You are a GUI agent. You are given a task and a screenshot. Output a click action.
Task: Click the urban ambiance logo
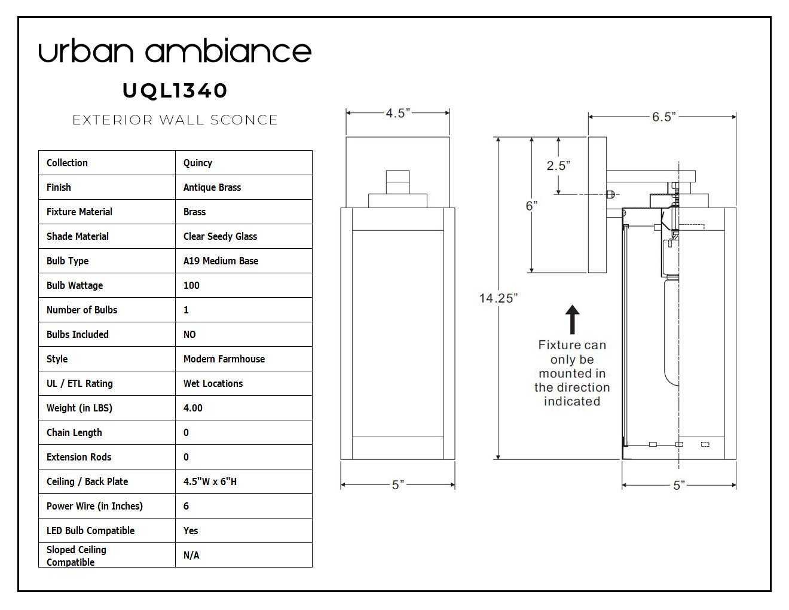175,50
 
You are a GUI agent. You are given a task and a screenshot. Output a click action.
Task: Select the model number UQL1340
175,90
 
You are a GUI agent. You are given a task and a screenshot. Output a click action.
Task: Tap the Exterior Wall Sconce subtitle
175,120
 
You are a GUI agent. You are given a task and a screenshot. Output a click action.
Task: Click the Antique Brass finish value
212,187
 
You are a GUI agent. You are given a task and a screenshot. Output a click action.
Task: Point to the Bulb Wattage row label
75,285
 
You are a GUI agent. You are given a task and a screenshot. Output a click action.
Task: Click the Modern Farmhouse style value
224,359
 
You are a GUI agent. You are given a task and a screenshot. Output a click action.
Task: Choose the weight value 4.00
193,408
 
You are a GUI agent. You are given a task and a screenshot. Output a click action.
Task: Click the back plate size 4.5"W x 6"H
210,482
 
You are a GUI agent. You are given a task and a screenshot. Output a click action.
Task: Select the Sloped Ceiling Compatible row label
77,556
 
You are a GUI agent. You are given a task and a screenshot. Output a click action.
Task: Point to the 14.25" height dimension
498,298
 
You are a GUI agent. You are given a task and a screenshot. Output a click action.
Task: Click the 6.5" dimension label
663,117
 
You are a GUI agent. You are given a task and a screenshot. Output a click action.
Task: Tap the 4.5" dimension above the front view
397,113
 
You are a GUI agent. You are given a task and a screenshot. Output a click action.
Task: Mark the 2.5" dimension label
558,166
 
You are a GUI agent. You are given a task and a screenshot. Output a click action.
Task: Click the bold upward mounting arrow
572,319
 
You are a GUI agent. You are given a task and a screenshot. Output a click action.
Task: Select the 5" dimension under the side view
679,485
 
